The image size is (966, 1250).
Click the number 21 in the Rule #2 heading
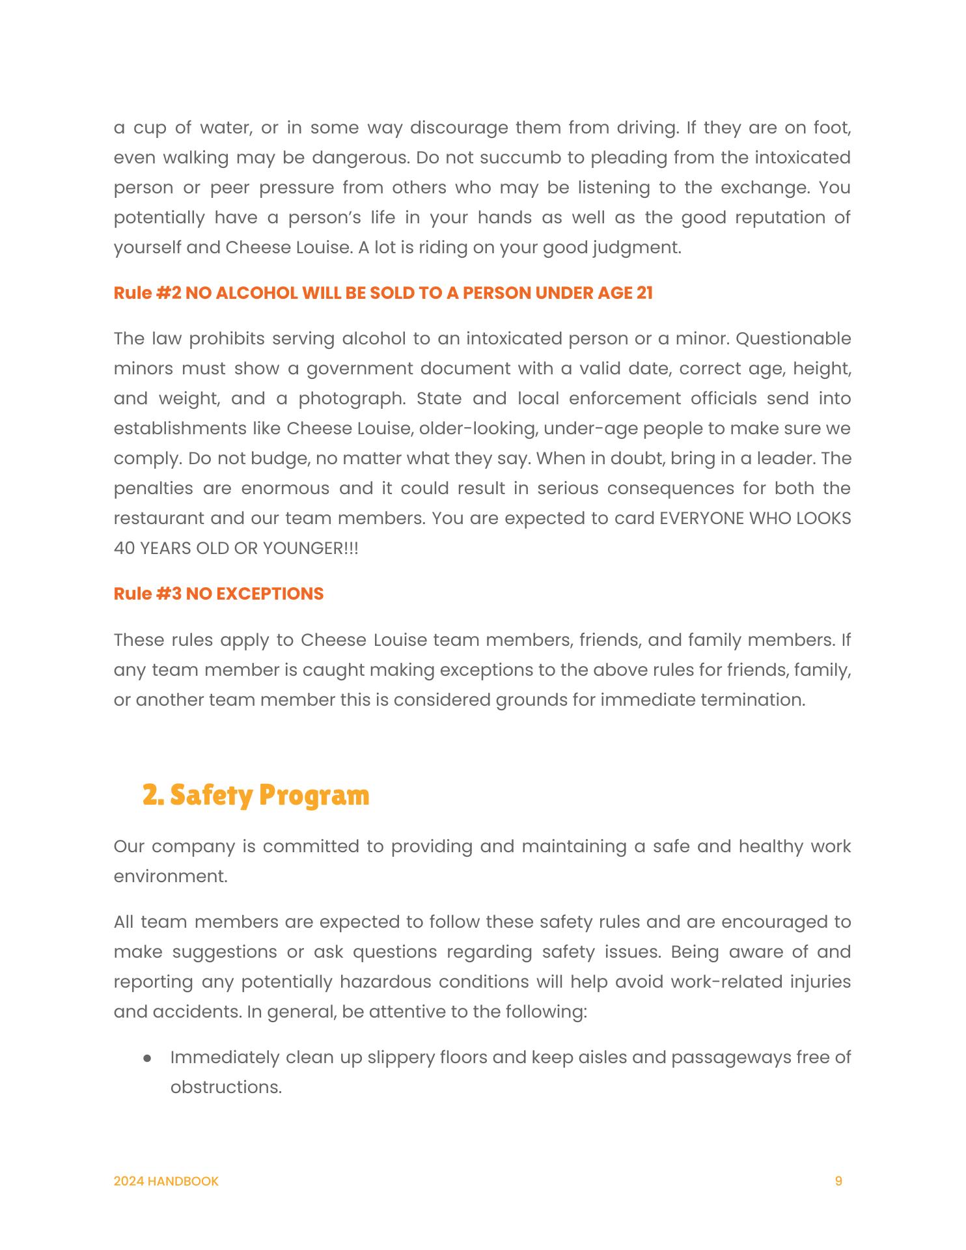[x=644, y=293]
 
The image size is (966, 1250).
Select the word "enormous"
[x=281, y=488]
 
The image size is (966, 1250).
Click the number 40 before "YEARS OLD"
[x=124, y=548]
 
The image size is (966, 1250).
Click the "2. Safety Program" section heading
[x=256, y=795]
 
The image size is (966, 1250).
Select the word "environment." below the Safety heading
[x=171, y=876]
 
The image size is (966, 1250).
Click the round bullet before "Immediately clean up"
[x=148, y=1058]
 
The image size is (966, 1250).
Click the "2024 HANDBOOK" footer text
[x=166, y=1181]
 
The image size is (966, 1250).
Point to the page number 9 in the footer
[x=838, y=1181]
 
